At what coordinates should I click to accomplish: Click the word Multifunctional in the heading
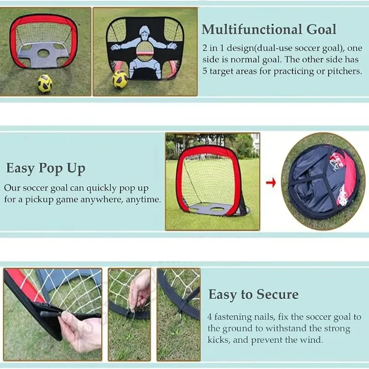point(252,30)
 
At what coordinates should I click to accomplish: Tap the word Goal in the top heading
point(321,30)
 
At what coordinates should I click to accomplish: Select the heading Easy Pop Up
point(46,169)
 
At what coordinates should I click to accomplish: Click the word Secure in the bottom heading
point(277,294)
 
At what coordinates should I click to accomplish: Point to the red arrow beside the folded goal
point(271,182)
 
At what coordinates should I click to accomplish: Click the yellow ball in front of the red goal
point(45,83)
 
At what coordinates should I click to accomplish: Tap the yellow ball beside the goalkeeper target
point(120,79)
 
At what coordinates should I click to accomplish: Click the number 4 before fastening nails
point(209,317)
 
